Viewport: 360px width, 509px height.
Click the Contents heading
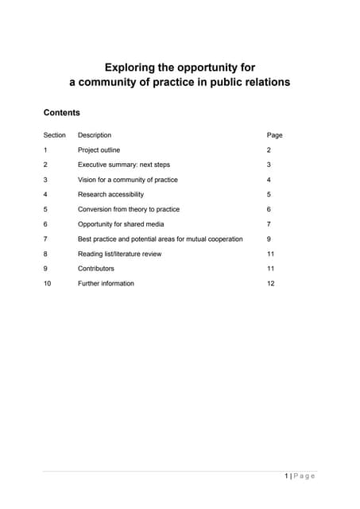pyautogui.click(x=61, y=113)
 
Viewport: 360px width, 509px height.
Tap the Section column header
pyautogui.click(x=54, y=135)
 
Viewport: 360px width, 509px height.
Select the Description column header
pyautogui.click(x=95, y=135)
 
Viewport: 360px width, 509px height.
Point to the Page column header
pyautogui.click(x=275, y=135)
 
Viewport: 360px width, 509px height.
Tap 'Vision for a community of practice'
pyautogui.click(x=128, y=180)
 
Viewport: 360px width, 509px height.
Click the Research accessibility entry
pyautogui.click(x=111, y=194)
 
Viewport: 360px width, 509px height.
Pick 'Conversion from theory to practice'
pyautogui.click(x=129, y=209)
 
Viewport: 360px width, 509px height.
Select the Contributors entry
pyautogui.click(x=96, y=269)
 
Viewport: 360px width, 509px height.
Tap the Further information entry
pyautogui.click(x=106, y=283)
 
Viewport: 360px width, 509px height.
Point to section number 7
pyautogui.click(x=45, y=239)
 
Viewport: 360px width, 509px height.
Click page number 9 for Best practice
pyautogui.click(x=270, y=239)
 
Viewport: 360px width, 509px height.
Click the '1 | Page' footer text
pyautogui.click(x=300, y=476)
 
